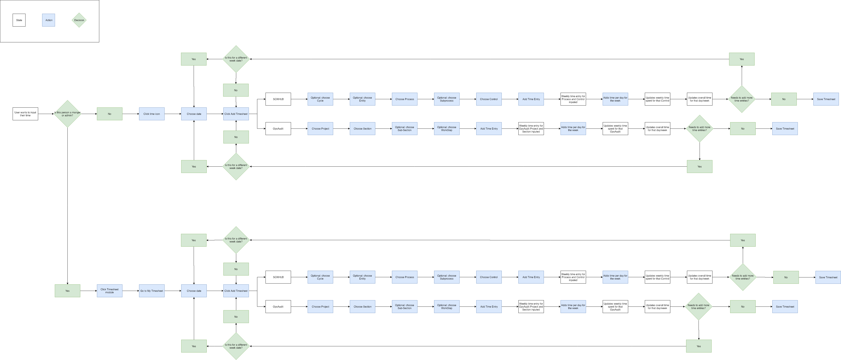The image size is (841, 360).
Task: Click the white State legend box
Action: (19, 20)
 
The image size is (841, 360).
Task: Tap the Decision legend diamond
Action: (79, 20)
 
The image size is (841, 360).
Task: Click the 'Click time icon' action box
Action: (152, 114)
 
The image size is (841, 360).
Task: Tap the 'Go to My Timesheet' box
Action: (152, 291)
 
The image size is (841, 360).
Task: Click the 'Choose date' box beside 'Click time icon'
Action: (194, 114)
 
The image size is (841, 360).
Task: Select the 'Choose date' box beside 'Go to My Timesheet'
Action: (194, 291)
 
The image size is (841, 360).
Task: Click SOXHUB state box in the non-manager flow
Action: (278, 99)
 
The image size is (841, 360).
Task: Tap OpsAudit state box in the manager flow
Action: (278, 307)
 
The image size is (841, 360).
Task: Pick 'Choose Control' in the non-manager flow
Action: (489, 99)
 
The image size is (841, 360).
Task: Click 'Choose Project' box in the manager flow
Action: (320, 307)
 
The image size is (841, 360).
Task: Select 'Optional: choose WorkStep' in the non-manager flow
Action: (447, 128)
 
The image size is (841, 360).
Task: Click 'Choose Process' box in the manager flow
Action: (405, 277)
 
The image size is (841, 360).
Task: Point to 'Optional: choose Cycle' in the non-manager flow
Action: (320, 99)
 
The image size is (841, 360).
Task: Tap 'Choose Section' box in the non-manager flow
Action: (362, 128)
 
